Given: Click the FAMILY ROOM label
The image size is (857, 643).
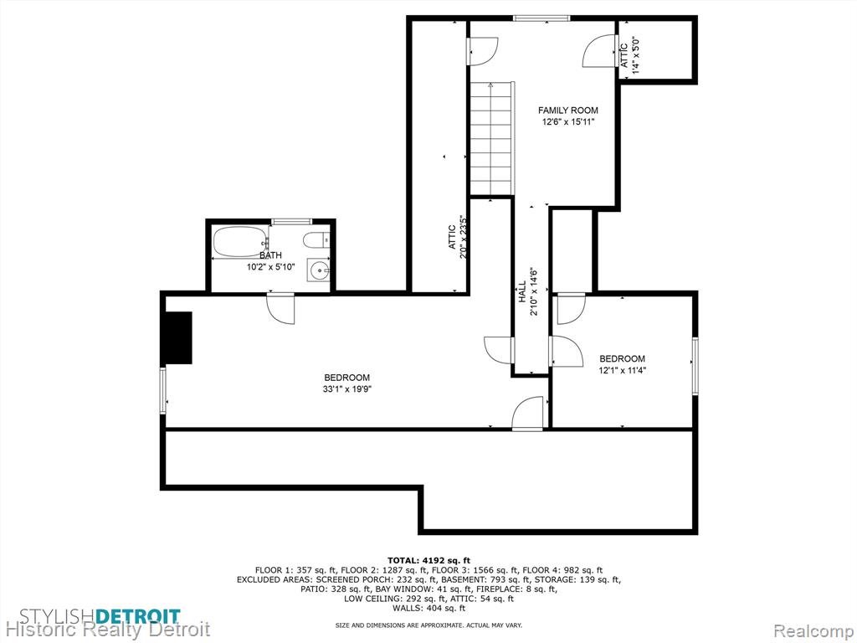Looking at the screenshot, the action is pyautogui.click(x=568, y=111).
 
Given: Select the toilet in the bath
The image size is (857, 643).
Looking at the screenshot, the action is pyautogui.click(x=316, y=239).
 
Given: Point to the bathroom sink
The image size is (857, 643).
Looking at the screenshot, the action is pyautogui.click(x=319, y=269).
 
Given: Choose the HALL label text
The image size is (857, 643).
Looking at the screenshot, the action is pyautogui.click(x=522, y=291).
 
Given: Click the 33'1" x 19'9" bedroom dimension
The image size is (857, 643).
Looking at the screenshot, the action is pyautogui.click(x=347, y=389).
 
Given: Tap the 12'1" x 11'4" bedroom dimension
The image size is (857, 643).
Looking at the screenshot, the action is pyautogui.click(x=622, y=370).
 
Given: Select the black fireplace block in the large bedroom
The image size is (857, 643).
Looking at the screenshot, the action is pyautogui.click(x=178, y=337).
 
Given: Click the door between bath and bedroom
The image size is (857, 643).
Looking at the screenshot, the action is pyautogui.click(x=280, y=307).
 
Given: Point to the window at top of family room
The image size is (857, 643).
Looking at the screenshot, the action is pyautogui.click(x=541, y=18).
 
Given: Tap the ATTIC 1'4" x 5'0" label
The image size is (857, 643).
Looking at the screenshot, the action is pyautogui.click(x=629, y=52).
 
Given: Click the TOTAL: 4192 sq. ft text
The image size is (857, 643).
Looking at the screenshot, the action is pyautogui.click(x=428, y=560).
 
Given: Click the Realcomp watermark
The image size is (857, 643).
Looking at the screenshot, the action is pyautogui.click(x=813, y=631).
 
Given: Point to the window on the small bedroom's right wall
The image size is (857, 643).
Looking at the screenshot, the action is pyautogui.click(x=695, y=366).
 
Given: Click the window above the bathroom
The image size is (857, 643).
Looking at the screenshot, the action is pyautogui.click(x=291, y=221).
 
